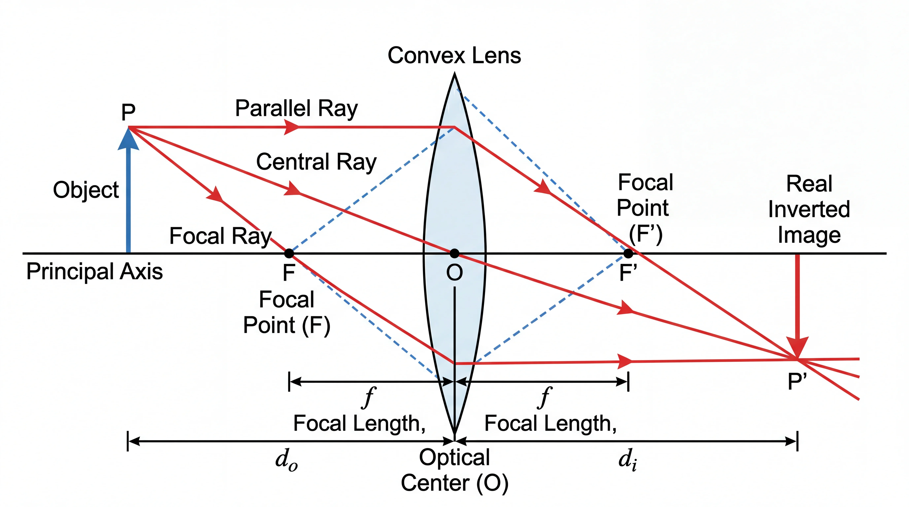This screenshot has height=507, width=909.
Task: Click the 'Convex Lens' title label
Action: point(454,56)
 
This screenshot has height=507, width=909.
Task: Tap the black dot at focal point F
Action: point(289,253)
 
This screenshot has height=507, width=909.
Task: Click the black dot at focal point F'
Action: point(628,253)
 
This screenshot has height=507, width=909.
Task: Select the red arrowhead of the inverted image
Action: point(797,347)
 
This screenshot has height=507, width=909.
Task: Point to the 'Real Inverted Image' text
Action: point(809,209)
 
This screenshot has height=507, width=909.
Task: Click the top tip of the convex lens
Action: point(454,74)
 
